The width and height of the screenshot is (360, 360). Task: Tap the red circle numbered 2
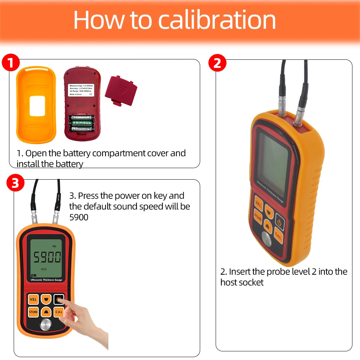[x=217, y=63]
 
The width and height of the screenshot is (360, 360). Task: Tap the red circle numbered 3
[x=15, y=183]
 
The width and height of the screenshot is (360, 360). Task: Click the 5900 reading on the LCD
[x=47, y=257]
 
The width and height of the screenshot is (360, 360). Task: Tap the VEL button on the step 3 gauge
[x=33, y=299]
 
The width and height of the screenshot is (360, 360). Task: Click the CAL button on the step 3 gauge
[x=58, y=312]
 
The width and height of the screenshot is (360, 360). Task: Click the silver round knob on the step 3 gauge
[x=45, y=325]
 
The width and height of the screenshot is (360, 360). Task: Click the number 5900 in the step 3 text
[x=78, y=217]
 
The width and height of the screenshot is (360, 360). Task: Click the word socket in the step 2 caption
[x=252, y=282]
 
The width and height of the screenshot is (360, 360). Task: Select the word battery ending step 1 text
[x=69, y=164]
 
